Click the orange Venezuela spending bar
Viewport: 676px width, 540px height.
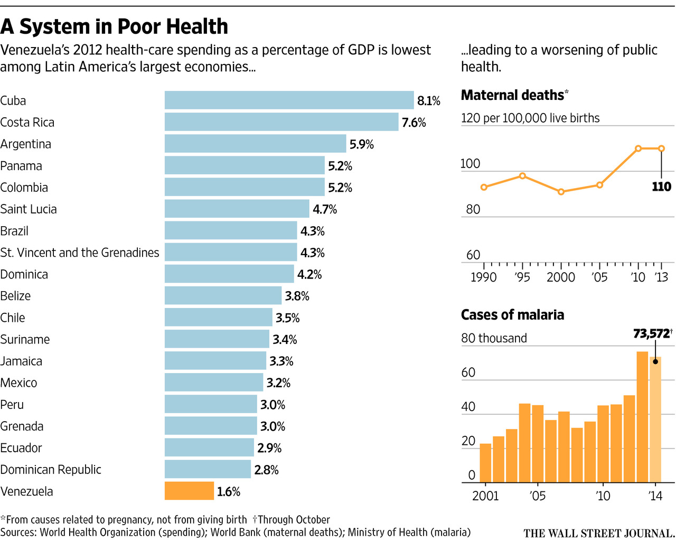coord(189,491)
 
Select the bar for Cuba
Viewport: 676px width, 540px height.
coord(289,100)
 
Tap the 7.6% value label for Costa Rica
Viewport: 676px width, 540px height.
coord(414,123)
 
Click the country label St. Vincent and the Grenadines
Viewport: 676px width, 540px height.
coord(79,253)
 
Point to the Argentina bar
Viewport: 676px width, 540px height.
coord(255,144)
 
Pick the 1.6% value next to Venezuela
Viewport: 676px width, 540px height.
coord(228,492)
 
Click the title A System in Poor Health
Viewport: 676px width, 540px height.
coord(114,26)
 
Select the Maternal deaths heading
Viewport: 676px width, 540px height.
coord(512,95)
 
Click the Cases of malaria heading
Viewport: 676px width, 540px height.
coord(512,315)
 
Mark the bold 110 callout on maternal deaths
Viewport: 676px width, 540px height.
coord(661,187)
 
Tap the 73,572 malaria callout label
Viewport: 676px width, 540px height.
coord(651,334)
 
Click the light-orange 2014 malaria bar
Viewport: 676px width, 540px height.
coord(655,420)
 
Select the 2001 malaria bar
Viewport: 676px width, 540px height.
coord(485,463)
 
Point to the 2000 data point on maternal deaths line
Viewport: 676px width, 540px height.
coord(561,192)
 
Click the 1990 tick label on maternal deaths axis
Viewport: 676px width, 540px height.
coord(483,277)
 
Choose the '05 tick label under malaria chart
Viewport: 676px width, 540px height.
coord(537,496)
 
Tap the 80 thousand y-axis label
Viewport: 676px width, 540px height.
coord(494,338)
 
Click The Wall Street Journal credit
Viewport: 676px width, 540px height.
coord(599,533)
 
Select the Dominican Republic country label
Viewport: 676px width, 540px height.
coord(51,470)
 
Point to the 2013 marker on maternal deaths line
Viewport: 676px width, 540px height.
coord(661,148)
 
